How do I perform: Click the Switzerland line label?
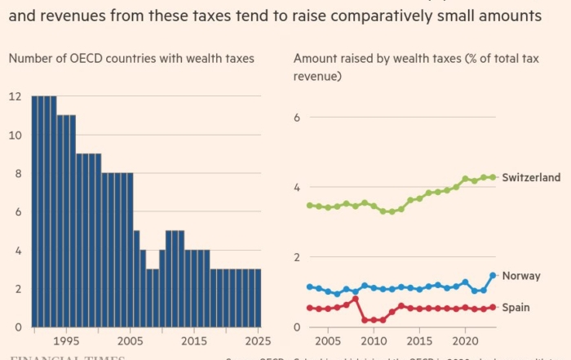tap(532, 177)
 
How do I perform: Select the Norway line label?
tap(521, 276)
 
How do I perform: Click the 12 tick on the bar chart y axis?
tap(14, 96)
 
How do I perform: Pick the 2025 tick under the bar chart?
tap(254, 340)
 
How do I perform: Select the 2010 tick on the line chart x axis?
tap(374, 340)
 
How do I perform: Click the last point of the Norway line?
tap(493, 276)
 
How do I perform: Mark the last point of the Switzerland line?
tap(493, 177)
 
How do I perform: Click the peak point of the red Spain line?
tap(356, 299)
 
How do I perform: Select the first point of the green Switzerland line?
tap(309, 206)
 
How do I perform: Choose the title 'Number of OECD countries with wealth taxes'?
tap(131, 58)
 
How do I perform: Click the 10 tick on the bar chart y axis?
tap(14, 135)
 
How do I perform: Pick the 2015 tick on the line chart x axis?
tap(419, 340)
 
